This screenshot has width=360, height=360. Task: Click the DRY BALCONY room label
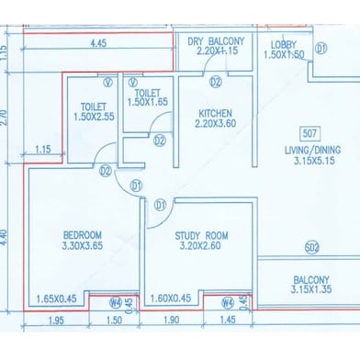(x=216, y=41)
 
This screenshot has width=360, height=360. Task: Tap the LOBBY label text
(x=283, y=43)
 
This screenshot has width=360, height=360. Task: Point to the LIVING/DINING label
(x=310, y=152)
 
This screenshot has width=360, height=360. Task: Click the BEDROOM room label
(x=82, y=235)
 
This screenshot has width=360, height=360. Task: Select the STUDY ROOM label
(x=202, y=235)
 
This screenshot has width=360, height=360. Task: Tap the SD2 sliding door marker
(x=311, y=246)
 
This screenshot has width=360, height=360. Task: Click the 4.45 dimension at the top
(x=100, y=41)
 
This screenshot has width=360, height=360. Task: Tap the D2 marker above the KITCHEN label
(x=216, y=83)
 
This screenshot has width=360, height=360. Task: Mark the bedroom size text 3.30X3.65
(x=82, y=248)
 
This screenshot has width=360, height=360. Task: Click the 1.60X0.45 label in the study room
(x=168, y=298)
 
